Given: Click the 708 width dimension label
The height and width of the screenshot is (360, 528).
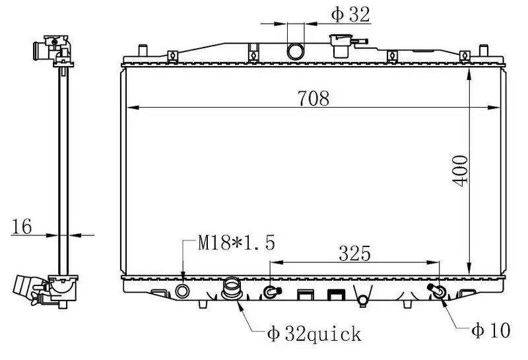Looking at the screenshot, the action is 313,98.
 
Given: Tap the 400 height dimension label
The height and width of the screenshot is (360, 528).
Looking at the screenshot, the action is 459,170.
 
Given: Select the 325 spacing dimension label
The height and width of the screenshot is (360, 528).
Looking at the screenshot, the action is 354,254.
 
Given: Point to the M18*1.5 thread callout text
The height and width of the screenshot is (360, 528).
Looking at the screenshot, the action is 236,242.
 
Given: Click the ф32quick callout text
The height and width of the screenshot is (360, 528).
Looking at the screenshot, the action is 314,334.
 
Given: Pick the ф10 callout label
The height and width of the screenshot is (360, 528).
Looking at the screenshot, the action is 491,330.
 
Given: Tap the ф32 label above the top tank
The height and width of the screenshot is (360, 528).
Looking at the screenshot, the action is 350,15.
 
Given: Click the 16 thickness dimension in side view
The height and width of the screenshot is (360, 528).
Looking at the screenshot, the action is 22,226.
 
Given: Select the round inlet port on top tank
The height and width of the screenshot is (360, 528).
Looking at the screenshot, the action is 295,52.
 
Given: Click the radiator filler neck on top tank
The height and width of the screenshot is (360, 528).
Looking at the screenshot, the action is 341,46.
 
